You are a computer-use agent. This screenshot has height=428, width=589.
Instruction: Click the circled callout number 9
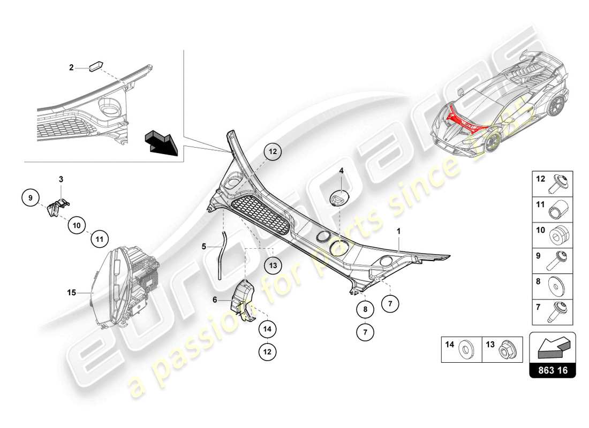tap(31, 198)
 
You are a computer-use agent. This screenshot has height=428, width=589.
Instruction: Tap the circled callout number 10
tap(77, 226)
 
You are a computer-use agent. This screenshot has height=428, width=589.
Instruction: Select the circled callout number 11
tap(100, 240)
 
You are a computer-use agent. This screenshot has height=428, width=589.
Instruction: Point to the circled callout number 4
tap(341, 171)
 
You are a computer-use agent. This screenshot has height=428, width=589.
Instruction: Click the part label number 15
tap(72, 293)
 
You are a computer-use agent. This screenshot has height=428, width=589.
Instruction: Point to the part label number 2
tap(71, 67)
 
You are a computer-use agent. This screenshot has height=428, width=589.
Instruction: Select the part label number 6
tap(215, 300)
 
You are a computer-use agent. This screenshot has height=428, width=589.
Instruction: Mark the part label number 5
tap(204, 247)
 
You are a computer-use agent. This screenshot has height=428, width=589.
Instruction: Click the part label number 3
tap(61, 178)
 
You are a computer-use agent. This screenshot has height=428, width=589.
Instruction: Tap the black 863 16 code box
tap(553, 370)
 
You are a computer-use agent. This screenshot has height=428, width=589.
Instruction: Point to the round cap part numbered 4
tap(339, 197)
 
